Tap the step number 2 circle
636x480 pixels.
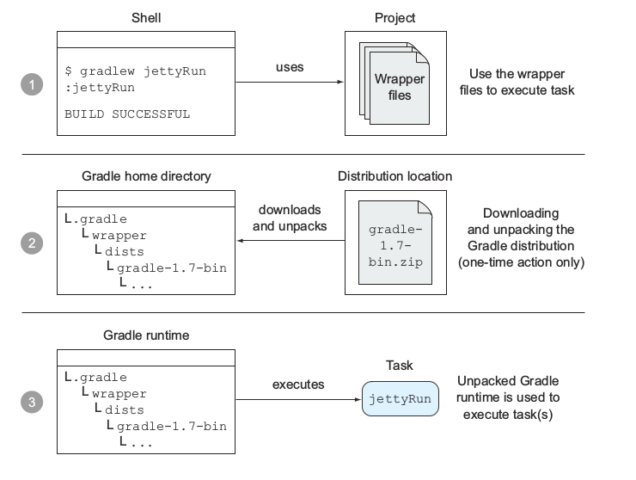32,243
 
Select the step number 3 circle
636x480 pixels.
32,402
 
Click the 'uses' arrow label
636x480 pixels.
290,67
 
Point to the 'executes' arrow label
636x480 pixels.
298,385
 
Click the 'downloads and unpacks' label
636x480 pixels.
287,218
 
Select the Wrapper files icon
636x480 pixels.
394,87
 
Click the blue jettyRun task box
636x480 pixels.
400,400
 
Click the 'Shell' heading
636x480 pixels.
145,18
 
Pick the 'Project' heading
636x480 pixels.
395,18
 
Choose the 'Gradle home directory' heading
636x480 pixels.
146,176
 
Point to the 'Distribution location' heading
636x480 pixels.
395,176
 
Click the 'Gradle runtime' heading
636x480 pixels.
146,335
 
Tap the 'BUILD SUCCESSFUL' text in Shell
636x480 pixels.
127,114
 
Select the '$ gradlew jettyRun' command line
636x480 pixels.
135,71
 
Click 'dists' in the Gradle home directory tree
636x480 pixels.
125,251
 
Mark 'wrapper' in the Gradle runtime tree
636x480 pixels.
119,394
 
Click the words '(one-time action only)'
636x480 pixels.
521,262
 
